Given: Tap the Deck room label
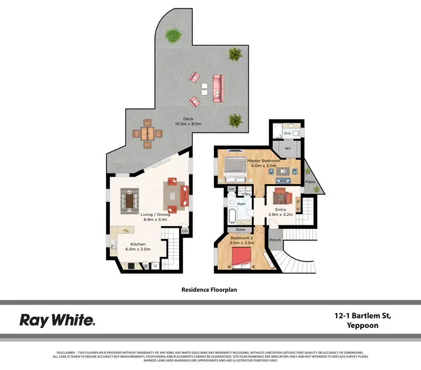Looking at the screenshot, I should point(191,119).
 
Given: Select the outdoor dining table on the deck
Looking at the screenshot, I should point(147,134).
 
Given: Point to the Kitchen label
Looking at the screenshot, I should point(138,244).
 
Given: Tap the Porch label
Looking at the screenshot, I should point(275,240).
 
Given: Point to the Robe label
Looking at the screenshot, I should point(240,229).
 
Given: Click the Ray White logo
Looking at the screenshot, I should point(57,321).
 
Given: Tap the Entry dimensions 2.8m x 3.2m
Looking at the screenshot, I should point(280,215).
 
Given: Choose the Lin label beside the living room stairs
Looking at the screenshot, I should point(185,231).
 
